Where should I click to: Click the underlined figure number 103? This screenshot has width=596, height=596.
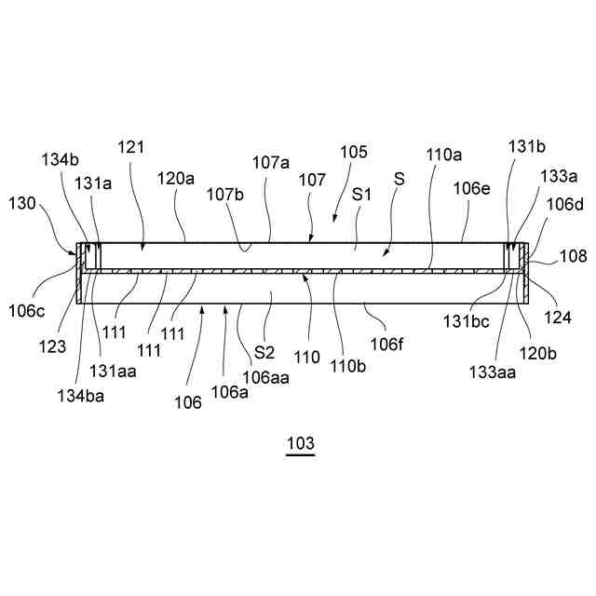click(301, 443)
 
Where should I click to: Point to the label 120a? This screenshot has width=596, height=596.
click(176, 176)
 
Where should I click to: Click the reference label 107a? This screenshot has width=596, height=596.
click(271, 161)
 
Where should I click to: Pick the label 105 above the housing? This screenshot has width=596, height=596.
click(355, 151)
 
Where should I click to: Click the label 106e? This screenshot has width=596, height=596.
click(472, 187)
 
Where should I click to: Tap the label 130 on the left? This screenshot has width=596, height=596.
click(23, 202)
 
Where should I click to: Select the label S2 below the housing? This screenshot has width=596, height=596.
click(265, 353)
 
